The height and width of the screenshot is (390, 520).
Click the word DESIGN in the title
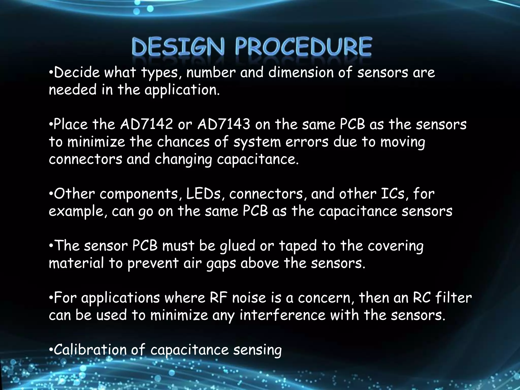(178, 47)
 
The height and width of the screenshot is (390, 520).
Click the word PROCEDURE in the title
(303, 47)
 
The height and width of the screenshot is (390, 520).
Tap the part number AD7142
(147, 124)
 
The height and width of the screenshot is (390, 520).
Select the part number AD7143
(223, 124)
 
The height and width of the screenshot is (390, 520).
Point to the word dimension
(301, 73)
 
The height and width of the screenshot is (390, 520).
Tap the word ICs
(395, 194)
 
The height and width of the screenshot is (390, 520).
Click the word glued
(237, 246)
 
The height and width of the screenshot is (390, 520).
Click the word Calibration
(90, 350)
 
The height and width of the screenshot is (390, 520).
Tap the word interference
(282, 315)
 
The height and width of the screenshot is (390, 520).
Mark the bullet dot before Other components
(51, 194)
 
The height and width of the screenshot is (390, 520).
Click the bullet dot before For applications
(51, 298)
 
